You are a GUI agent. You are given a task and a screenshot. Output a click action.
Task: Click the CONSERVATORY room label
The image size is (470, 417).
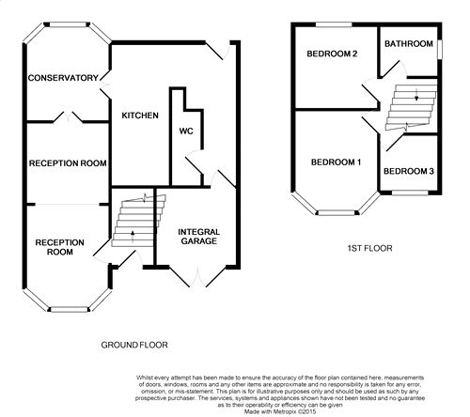point(63,78)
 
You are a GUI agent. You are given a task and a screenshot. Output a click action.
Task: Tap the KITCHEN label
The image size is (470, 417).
point(140,116)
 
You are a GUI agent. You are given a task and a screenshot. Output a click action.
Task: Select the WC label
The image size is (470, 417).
point(186,131)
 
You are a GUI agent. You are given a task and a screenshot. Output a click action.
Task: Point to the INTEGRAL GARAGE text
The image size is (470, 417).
point(199,237)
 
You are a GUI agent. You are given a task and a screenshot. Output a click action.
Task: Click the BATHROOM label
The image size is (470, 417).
point(409,44)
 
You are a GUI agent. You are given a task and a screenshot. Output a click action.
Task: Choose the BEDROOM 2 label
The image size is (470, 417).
point(332,54)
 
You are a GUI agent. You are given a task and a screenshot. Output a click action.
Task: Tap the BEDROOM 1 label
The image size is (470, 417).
point(336,162)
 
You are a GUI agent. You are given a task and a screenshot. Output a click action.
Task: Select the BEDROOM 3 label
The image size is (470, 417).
point(409,171)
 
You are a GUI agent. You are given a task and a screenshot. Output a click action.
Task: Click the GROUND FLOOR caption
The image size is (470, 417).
point(134,345)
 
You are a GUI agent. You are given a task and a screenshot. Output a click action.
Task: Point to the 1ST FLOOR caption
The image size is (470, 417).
point(369,248)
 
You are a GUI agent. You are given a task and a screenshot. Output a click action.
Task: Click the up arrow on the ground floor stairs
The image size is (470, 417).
point(133,237)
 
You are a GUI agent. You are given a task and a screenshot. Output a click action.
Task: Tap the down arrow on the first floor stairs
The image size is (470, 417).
point(416,95)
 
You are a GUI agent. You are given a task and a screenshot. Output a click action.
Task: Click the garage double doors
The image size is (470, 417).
point(197,277)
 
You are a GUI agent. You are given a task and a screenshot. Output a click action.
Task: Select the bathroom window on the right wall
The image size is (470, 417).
point(440,49)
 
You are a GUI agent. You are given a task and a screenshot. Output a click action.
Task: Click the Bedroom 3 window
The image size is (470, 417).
point(410,193)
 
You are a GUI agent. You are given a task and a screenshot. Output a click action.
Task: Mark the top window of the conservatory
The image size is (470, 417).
point(69,24)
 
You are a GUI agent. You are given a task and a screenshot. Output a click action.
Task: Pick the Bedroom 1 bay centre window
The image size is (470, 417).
point(337,213)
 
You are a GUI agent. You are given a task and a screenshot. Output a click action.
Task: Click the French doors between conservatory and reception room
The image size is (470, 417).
point(69,116)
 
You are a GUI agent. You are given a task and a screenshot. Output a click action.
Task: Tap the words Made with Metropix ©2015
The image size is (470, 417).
point(280,411)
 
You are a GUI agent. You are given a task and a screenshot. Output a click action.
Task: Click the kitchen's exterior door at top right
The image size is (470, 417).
point(219,50)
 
